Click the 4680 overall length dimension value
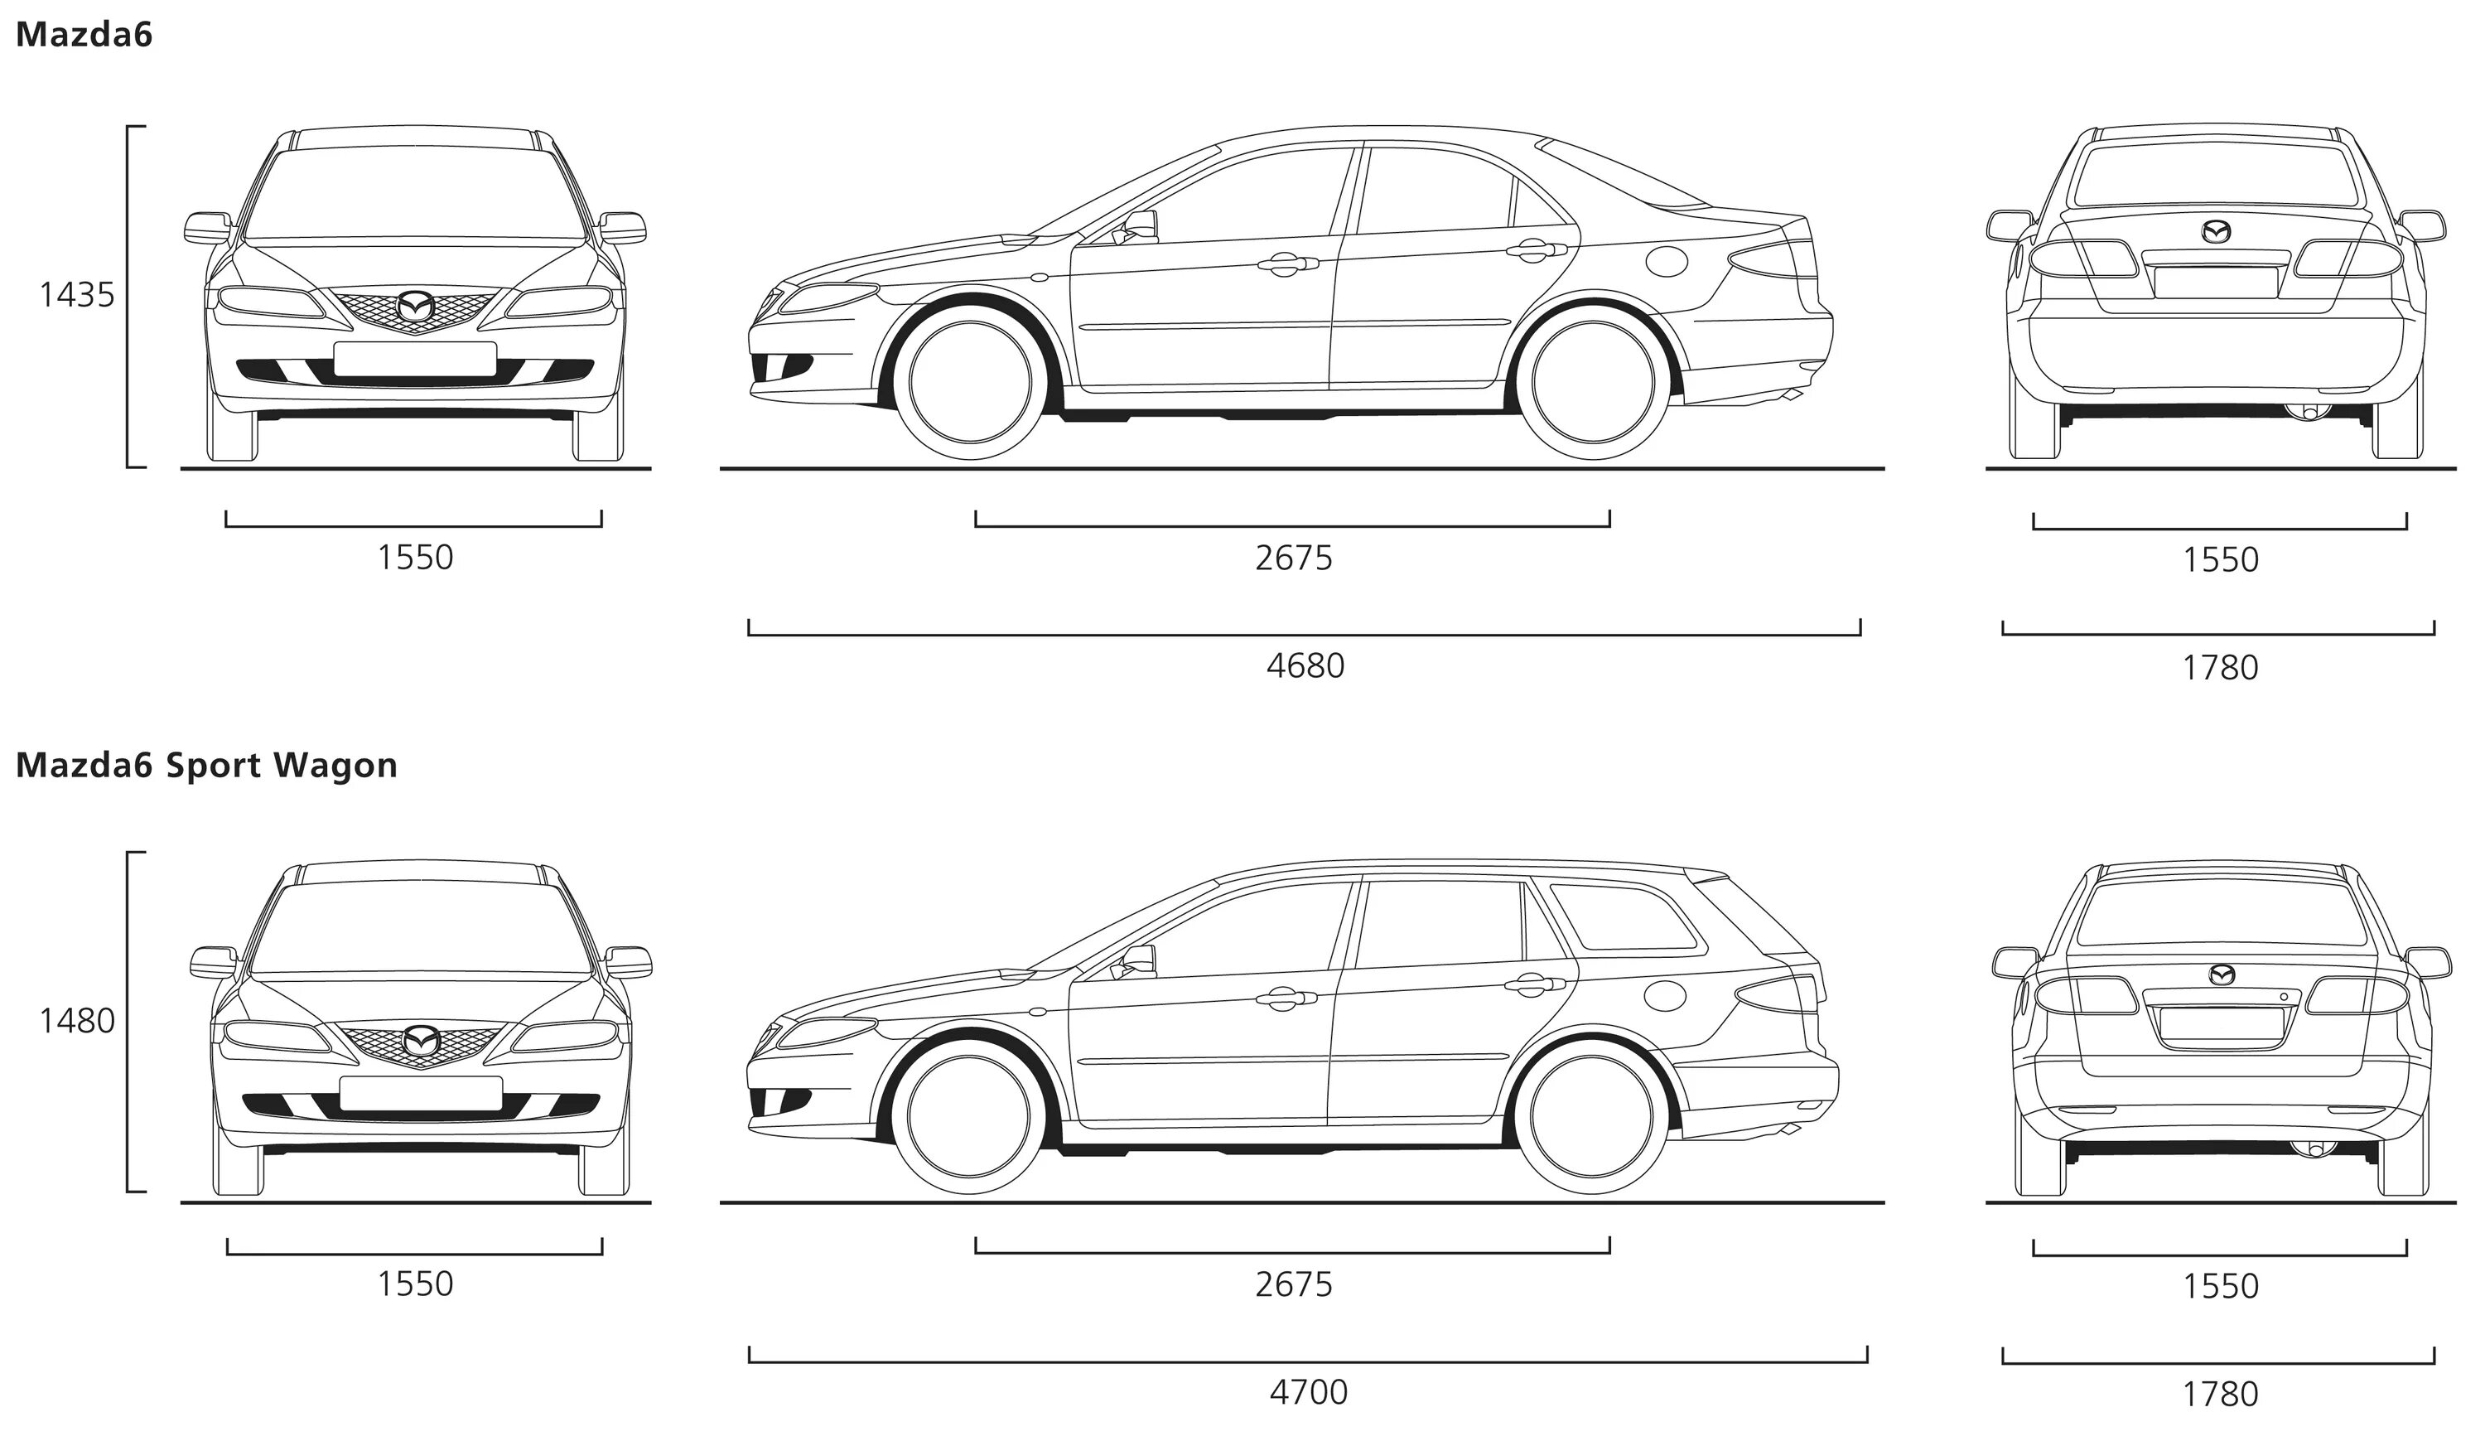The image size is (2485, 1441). (x=1305, y=665)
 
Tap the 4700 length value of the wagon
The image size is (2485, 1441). (x=1308, y=1391)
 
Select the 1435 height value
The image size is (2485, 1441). (x=77, y=294)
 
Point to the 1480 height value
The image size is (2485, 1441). (x=77, y=1020)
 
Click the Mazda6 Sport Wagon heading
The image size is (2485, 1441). (x=206, y=766)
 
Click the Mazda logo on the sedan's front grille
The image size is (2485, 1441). (x=415, y=307)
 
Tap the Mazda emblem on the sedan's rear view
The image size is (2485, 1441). (x=2216, y=232)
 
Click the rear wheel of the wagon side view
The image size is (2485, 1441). (x=1591, y=1115)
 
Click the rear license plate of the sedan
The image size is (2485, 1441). (x=2216, y=282)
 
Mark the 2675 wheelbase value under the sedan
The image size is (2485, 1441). (x=1293, y=559)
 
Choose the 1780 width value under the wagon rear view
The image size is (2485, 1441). (x=2220, y=1394)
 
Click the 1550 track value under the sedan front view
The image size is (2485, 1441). (x=415, y=558)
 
